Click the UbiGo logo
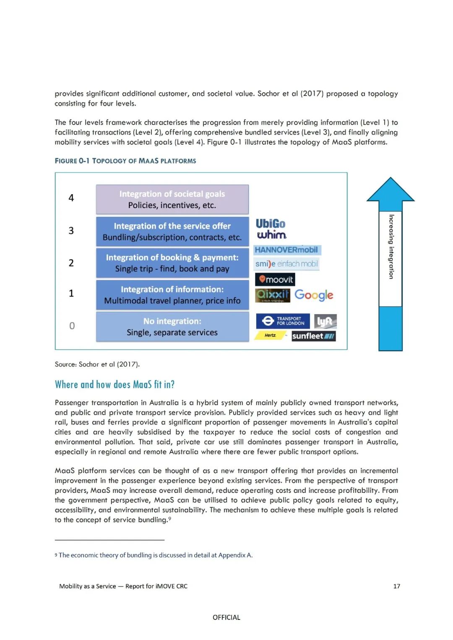pyautogui.click(x=271, y=224)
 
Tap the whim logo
pyautogui.click(x=271, y=235)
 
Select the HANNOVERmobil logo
pyautogui.click(x=286, y=250)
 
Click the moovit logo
pyautogui.click(x=275, y=279)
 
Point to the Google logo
pyautogui.click(x=314, y=295)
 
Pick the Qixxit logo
pyautogui.click(x=273, y=295)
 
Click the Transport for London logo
pyautogui.click(x=283, y=321)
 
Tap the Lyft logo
pyautogui.click(x=325, y=322)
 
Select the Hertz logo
pyautogui.click(x=271, y=336)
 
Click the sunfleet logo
pyautogui.click(x=313, y=336)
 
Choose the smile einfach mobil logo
pyautogui.click(x=287, y=264)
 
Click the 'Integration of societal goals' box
pyautogui.click(x=172, y=200)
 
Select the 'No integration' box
pyautogui.click(x=172, y=327)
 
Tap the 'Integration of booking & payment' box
pyautogui.click(x=172, y=263)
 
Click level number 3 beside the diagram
pyautogui.click(x=71, y=231)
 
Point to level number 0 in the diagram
pyautogui.click(x=72, y=326)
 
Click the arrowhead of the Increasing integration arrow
pyautogui.click(x=391, y=190)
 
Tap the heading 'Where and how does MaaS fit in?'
pyautogui.click(x=115, y=385)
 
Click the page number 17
pyautogui.click(x=396, y=586)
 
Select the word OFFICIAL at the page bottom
pyautogui.click(x=226, y=617)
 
